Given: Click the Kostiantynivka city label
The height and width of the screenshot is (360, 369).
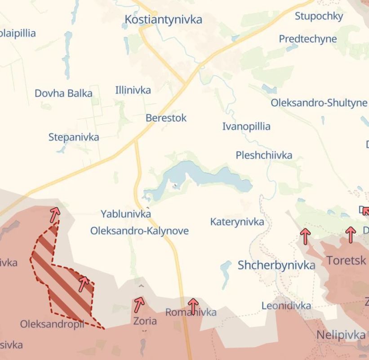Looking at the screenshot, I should [x=163, y=20].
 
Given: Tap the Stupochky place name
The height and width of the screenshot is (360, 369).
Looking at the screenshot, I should [x=319, y=16].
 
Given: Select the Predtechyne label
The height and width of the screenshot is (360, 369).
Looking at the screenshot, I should [x=307, y=39].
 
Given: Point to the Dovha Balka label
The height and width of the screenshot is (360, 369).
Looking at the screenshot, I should [x=63, y=94].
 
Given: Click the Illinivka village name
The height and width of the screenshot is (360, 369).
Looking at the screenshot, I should [x=133, y=90].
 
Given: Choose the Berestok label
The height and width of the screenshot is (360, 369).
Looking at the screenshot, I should [x=166, y=118].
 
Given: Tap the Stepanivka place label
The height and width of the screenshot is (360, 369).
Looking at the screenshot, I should [x=74, y=137].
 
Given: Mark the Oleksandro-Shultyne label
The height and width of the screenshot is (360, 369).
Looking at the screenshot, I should [x=319, y=103].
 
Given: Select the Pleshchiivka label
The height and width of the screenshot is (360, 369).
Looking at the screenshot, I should [x=264, y=155].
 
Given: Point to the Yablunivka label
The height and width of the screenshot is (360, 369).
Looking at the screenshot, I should [x=125, y=214].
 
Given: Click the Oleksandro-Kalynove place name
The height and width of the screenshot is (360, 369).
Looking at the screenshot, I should [x=139, y=231].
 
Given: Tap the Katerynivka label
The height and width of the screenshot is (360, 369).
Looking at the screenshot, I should [x=237, y=222].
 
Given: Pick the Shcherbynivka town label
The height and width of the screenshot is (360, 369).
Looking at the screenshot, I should [x=276, y=265].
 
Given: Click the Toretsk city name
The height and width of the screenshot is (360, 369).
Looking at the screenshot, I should [x=346, y=260].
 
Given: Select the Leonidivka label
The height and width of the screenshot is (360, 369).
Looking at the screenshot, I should [x=286, y=306].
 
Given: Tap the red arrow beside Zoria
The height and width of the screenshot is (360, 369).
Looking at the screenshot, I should [x=139, y=304].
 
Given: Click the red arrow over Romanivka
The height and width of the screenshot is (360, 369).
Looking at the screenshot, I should [x=193, y=306].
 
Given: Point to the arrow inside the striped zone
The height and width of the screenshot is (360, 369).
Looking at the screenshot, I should [x=84, y=283].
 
